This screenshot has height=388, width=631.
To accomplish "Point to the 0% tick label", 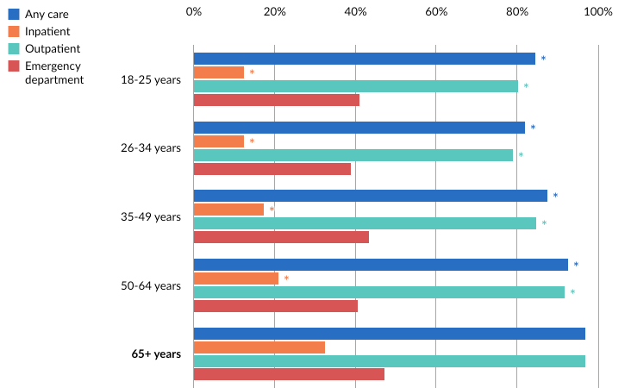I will point(194,12).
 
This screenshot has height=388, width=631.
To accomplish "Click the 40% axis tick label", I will point(355,12).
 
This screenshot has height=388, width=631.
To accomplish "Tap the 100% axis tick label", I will point(597,12).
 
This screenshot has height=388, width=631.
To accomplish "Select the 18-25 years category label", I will point(151,79).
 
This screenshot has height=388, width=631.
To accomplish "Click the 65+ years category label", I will point(156,354).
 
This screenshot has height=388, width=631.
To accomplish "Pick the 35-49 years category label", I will point(151,216).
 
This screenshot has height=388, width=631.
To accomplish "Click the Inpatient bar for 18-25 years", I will point(219,72).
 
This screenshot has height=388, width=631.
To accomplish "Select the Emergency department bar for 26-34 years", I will point(272,169).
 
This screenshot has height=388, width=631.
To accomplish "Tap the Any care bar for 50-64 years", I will point(381,265).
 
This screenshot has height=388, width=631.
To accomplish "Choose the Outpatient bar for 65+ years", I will point(390,361).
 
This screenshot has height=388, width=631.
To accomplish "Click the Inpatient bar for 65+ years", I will point(259,347).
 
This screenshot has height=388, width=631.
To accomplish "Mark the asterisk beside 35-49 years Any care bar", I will point(555,197).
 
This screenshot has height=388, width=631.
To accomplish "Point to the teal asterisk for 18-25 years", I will point(526,87).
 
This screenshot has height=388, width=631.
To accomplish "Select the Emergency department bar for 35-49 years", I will point(281,237).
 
